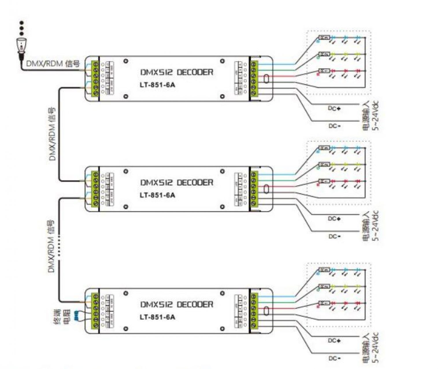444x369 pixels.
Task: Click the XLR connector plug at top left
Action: (22, 46)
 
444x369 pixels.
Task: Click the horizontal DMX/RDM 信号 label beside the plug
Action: (53, 63)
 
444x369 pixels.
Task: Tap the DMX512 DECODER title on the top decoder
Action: (177, 72)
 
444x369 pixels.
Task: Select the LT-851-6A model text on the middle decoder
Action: (157, 195)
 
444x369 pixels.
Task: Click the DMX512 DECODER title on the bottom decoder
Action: (177, 304)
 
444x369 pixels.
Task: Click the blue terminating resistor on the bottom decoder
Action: (77, 315)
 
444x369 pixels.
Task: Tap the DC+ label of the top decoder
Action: (334, 108)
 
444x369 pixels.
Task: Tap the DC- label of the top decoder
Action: (334, 126)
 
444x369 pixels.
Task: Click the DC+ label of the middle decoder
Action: (334, 218)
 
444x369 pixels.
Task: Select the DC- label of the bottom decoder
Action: (334, 358)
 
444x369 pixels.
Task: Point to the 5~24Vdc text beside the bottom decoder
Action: (375, 348)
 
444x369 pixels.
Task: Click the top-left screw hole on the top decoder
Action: (126, 61)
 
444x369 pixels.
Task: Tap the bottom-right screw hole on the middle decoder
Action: (222, 207)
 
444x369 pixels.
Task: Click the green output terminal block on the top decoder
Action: (254, 78)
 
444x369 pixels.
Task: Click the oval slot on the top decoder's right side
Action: (266, 79)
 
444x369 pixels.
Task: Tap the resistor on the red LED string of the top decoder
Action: (324, 71)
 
